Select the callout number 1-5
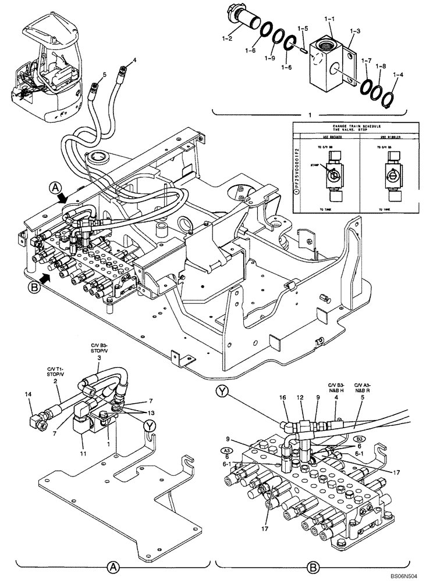303,28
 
